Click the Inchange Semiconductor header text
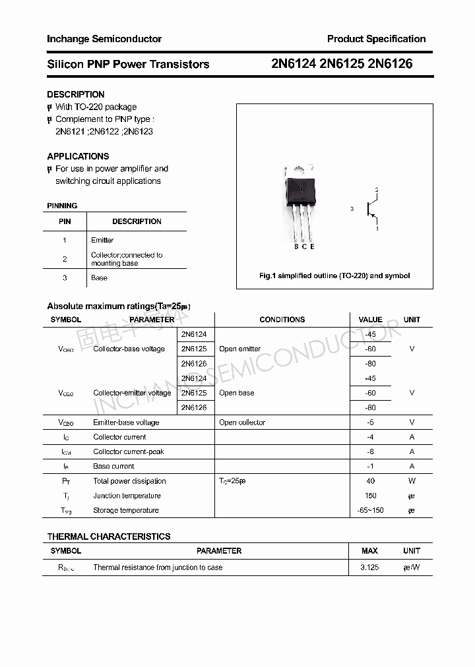104,39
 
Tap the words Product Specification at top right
376,39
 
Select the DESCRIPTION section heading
75,94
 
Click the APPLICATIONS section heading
78,156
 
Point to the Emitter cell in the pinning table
102,240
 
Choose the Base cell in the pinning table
99,277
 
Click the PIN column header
65,221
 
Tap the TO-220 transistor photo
301,204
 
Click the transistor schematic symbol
371,210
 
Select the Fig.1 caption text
334,275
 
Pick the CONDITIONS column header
282,320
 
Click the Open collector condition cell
242,422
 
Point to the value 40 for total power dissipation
370,481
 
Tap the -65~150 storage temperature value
370,510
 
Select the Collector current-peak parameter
129,451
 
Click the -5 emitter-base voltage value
370,422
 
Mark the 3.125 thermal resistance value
369,567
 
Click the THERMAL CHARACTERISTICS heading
108,536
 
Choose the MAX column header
369,550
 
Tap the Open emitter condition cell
239,349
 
